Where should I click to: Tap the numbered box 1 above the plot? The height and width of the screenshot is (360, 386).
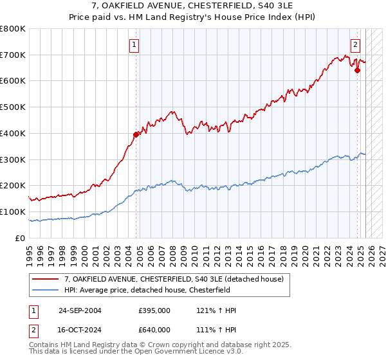click(134, 45)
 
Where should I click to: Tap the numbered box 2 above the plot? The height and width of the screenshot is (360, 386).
click(355, 45)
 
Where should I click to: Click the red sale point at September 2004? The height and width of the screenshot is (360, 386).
click(136, 134)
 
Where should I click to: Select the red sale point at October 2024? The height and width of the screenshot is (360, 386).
click(357, 70)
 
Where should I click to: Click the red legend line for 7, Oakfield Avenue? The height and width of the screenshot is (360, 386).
click(46, 278)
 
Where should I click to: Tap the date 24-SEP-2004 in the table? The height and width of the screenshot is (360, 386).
click(80, 310)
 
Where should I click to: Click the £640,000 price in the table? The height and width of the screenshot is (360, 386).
click(154, 329)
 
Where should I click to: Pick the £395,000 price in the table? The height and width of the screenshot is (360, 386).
click(154, 310)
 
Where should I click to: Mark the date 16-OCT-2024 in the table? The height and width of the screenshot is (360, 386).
click(80, 329)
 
